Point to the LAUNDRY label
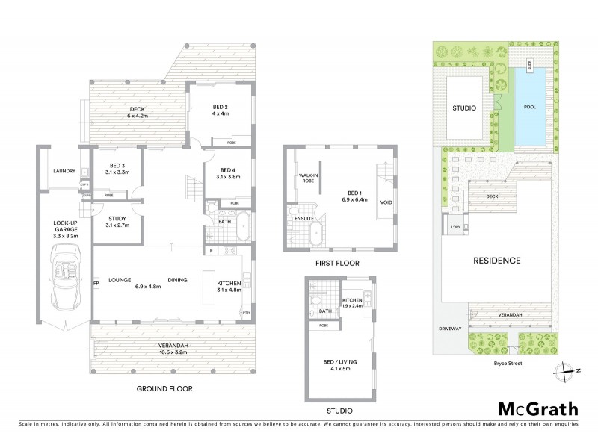point(65,171)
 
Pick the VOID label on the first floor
point(386,201)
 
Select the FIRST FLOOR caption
point(339,264)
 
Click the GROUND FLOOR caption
point(164,388)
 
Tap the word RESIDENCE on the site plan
point(496,261)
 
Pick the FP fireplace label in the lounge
point(96,284)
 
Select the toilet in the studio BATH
point(313,302)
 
